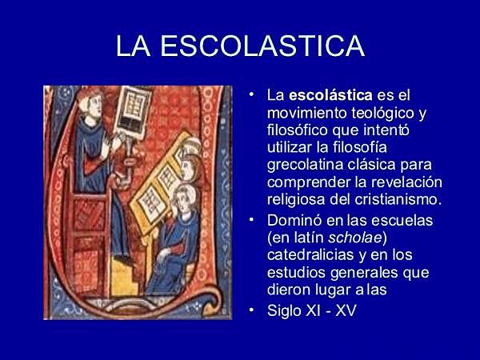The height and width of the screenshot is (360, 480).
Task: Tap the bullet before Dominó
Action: (x=253, y=218)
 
